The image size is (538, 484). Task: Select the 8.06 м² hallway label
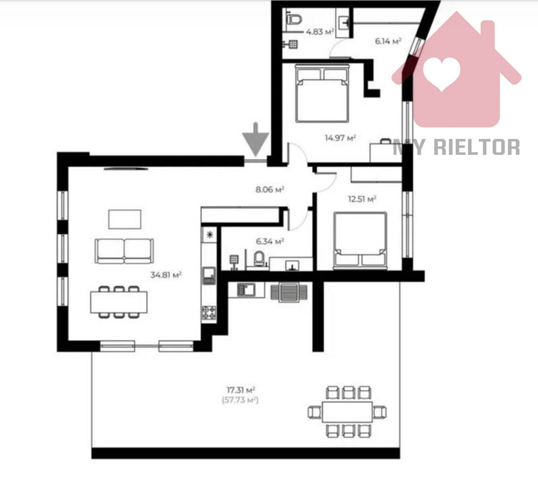[x=270, y=189]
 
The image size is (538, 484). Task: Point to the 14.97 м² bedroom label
[x=340, y=138]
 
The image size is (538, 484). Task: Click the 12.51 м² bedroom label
[x=362, y=199]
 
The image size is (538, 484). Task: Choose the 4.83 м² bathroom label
[x=320, y=32]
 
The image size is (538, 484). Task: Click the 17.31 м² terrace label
[x=240, y=389]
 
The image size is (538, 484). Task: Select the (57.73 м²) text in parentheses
[x=240, y=400]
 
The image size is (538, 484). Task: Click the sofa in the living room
[x=124, y=251]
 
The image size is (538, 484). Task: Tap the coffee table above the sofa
[x=125, y=219]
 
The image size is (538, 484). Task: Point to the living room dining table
[x=119, y=302]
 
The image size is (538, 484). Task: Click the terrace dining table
[x=347, y=412]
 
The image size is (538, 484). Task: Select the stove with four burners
[x=209, y=312]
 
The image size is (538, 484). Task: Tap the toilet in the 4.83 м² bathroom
[x=294, y=19]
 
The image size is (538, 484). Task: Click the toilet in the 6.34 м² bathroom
[x=259, y=259]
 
